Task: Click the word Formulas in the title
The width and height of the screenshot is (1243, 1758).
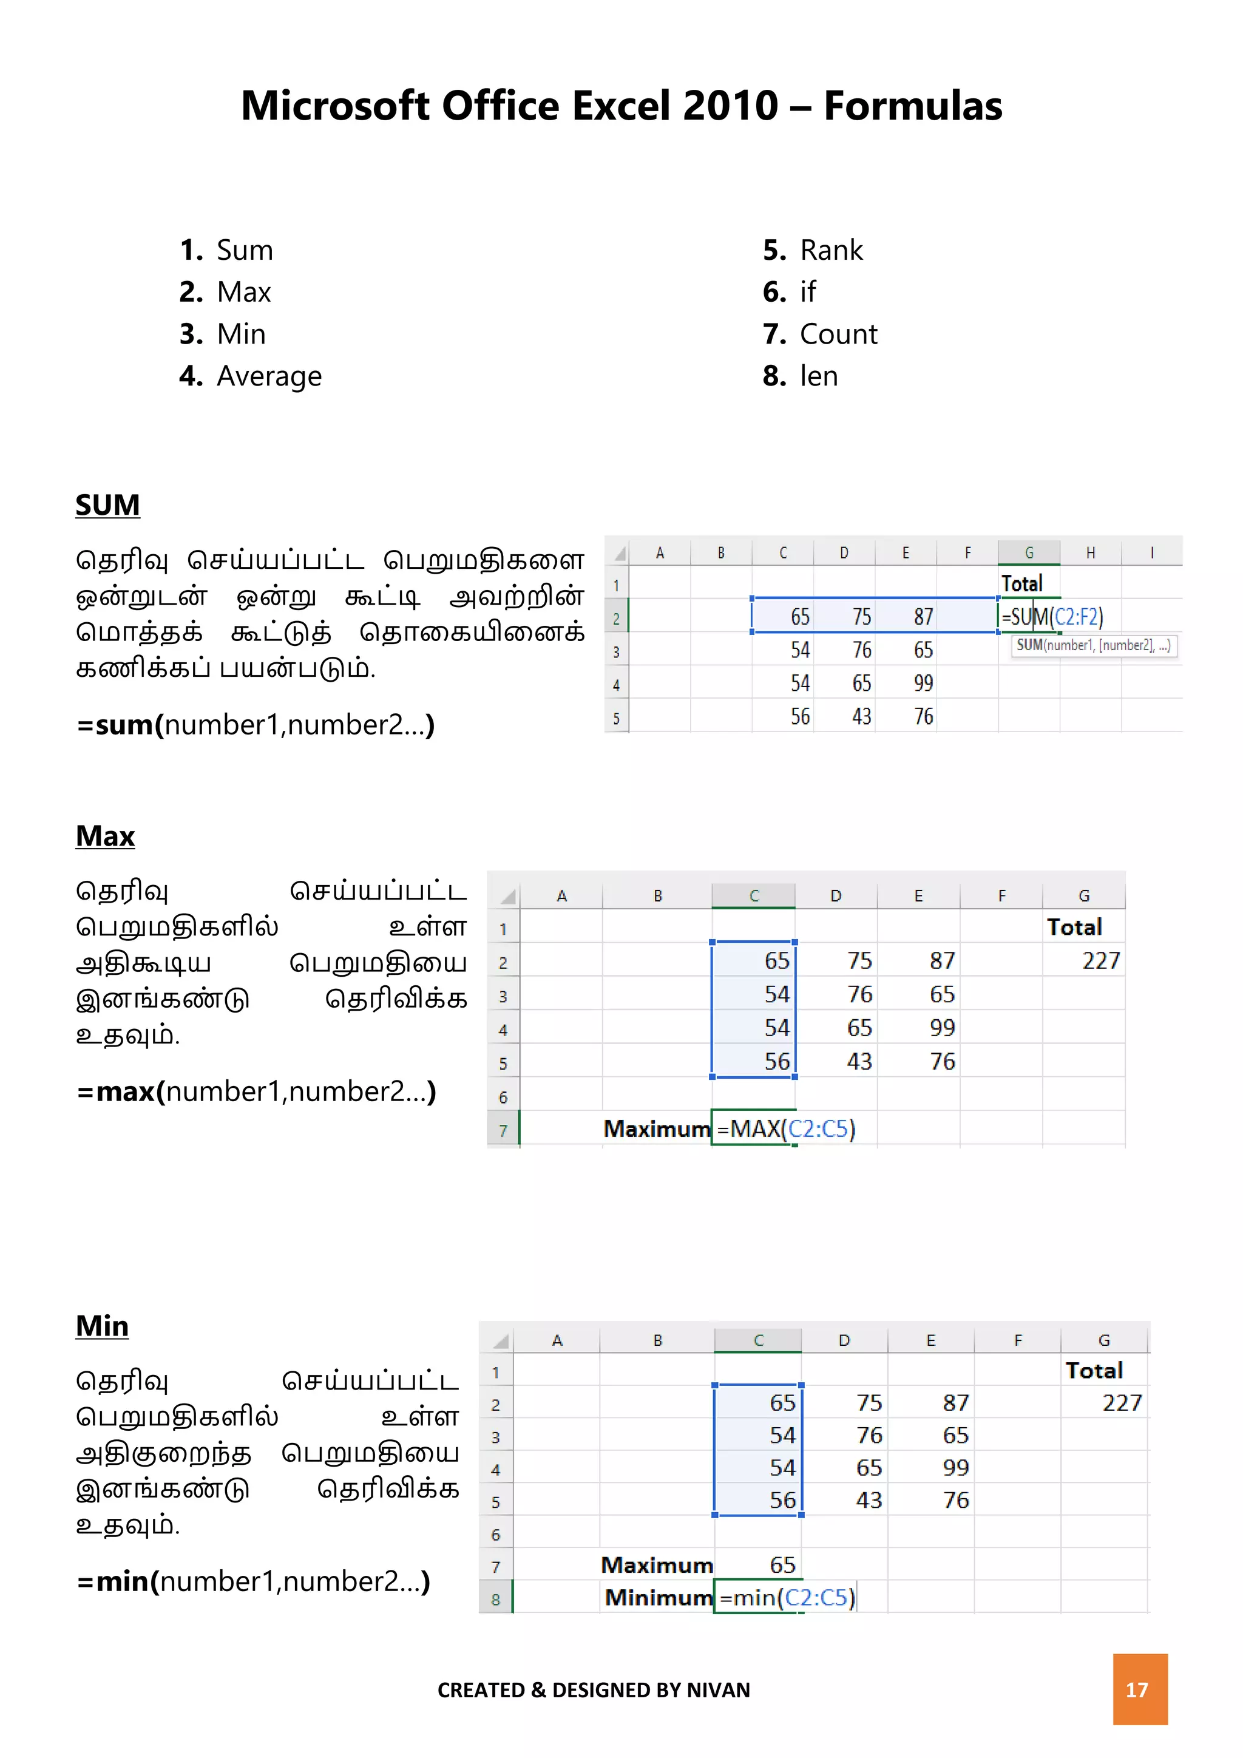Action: [912, 106]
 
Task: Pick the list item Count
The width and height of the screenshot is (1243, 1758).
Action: [838, 334]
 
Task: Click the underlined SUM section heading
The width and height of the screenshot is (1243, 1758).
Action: [107, 505]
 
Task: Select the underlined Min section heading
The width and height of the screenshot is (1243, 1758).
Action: [102, 1326]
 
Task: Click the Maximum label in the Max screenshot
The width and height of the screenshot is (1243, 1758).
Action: [657, 1128]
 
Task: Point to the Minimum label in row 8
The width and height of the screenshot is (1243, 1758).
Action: [659, 1598]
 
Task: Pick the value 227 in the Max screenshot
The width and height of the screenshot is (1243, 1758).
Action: [1100, 961]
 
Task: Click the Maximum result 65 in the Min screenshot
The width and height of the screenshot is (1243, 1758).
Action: [782, 1565]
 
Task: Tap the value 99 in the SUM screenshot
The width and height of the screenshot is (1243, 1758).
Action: [923, 683]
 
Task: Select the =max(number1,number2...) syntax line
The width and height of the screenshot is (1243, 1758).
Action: [256, 1092]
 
